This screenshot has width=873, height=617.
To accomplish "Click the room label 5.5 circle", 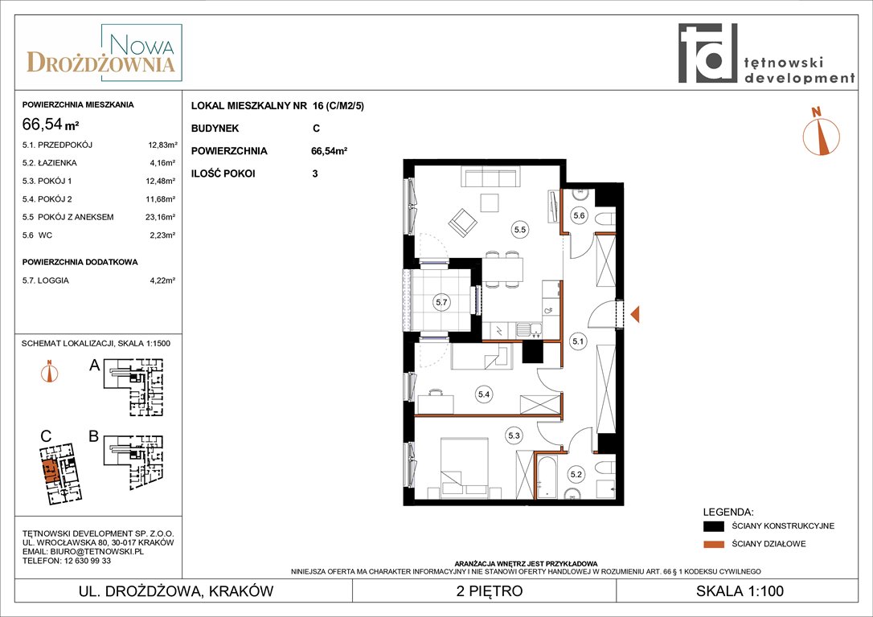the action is pyautogui.click(x=520, y=229).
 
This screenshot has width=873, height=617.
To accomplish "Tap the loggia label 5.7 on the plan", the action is pyautogui.click(x=441, y=303).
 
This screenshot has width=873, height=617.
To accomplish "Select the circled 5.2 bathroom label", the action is pyautogui.click(x=576, y=475).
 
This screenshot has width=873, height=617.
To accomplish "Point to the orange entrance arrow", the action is pyautogui.click(x=635, y=314).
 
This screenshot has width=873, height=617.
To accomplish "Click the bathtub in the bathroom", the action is pyautogui.click(x=545, y=477).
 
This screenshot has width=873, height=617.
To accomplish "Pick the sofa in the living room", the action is pyautogui.click(x=490, y=178).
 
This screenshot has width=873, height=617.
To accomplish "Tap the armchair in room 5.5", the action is pyautogui.click(x=463, y=223).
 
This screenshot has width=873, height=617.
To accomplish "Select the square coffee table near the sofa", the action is pyautogui.click(x=491, y=202).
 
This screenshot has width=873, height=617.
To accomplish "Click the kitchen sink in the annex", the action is pyautogui.click(x=528, y=330).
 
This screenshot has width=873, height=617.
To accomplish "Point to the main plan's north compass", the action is pyautogui.click(x=821, y=133).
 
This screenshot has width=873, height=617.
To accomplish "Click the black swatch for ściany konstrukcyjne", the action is pyautogui.click(x=714, y=525).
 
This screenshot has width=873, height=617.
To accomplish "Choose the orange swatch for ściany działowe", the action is pyautogui.click(x=714, y=544).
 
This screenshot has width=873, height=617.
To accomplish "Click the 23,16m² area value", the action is pyautogui.click(x=160, y=217).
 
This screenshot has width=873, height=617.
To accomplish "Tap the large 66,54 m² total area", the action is pyautogui.click(x=50, y=124).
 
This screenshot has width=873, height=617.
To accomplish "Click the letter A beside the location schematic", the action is pyautogui.click(x=95, y=366).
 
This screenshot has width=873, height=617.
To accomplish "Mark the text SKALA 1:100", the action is pyautogui.click(x=740, y=590).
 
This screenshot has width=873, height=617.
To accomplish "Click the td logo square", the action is pyautogui.click(x=707, y=53).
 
